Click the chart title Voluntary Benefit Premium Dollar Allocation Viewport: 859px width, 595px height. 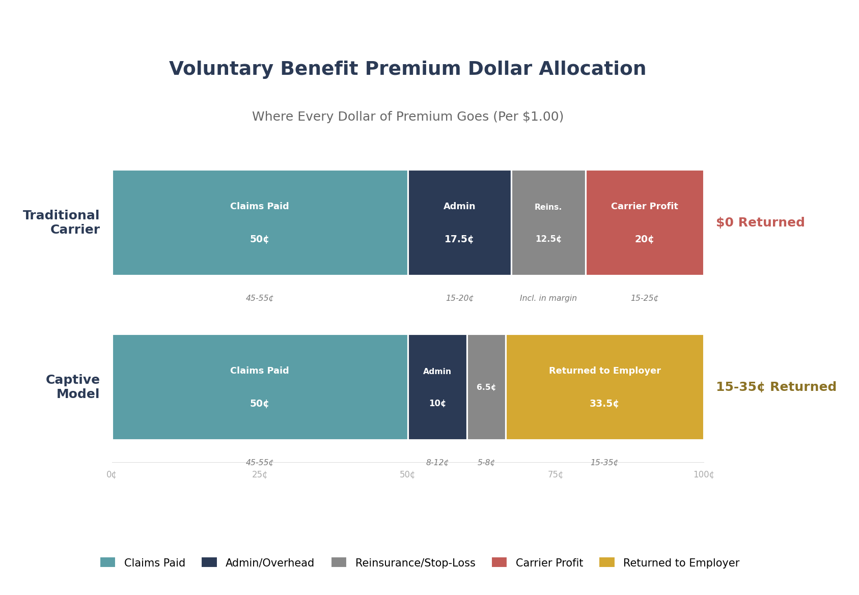pyautogui.click(x=407, y=69)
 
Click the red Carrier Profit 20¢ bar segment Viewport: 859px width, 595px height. pyautogui.click(x=644, y=223)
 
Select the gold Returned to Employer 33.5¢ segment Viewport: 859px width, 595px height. pyautogui.click(x=604, y=387)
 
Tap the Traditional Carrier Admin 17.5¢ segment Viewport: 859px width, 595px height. pyautogui.click(x=459, y=223)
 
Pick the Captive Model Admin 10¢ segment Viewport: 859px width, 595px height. pyautogui.click(x=437, y=387)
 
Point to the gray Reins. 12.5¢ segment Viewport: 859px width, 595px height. pyautogui.click(x=548, y=223)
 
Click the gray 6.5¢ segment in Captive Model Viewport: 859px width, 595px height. pyautogui.click(x=486, y=387)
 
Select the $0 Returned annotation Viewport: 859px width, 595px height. pyautogui.click(x=760, y=223)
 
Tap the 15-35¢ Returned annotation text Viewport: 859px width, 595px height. pyautogui.click(x=775, y=387)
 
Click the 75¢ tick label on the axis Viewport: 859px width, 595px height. pyautogui.click(x=555, y=475)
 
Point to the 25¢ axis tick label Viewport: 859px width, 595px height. pyautogui.click(x=260, y=475)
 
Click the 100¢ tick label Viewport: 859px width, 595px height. pyautogui.click(x=703, y=475)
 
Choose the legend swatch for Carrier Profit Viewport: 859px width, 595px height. pyautogui.click(x=499, y=562)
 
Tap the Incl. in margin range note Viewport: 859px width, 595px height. pyautogui.click(x=548, y=298)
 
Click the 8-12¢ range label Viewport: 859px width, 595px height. pyautogui.click(x=437, y=463)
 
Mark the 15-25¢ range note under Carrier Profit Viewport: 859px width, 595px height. pyautogui.click(x=644, y=298)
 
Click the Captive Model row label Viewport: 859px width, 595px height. pyautogui.click(x=73, y=387)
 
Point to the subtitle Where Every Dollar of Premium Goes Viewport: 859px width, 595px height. pyautogui.click(x=407, y=117)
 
